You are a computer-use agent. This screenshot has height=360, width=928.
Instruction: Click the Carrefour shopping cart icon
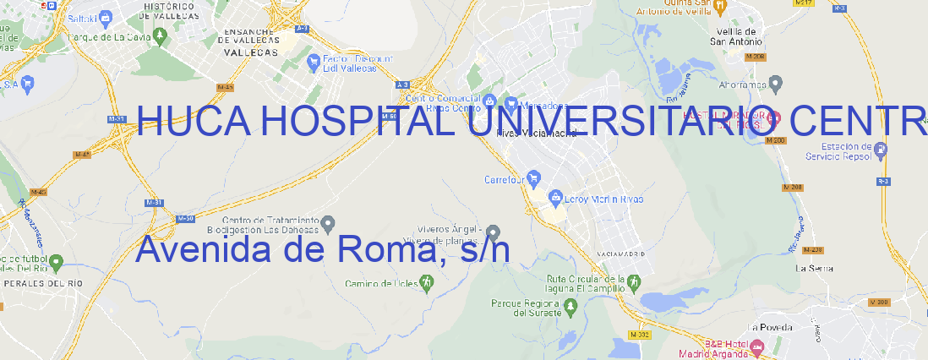pyautogui.click(x=534, y=178)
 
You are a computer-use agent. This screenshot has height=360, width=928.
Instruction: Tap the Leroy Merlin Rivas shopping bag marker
pyautogui.click(x=555, y=198)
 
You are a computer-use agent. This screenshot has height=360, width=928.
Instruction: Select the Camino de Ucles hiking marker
pyautogui.click(x=426, y=283)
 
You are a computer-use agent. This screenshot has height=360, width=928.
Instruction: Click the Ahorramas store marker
pyautogui.click(x=777, y=83)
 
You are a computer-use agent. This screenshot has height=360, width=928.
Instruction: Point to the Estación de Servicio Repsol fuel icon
pyautogui.click(x=882, y=150)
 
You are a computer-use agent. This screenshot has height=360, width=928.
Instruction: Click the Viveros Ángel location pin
pyautogui.click(x=494, y=232)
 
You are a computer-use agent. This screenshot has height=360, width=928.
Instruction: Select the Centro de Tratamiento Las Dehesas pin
pyautogui.click(x=329, y=222)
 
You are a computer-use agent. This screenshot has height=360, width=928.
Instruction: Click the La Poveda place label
pyautogui.click(x=769, y=326)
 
